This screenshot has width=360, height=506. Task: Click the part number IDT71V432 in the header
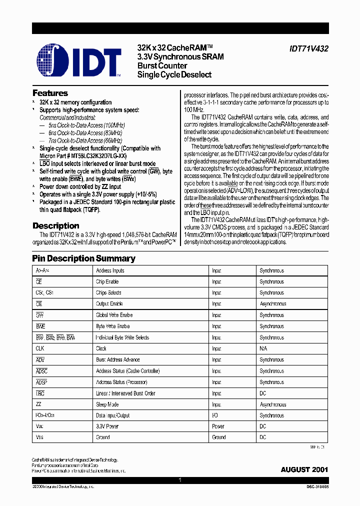(308, 49)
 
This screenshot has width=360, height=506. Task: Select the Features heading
(50, 93)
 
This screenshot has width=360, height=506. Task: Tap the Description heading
(55, 226)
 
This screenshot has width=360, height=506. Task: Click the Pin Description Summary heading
(83, 258)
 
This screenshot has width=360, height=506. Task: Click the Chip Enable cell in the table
(107, 281)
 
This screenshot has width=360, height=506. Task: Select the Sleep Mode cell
(107, 404)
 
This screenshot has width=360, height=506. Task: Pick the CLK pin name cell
(40, 348)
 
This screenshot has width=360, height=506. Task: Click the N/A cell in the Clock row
(263, 348)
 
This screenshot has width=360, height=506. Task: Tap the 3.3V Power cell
(108, 426)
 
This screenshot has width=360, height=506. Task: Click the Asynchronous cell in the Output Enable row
(272, 304)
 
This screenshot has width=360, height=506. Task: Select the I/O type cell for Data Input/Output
(215, 415)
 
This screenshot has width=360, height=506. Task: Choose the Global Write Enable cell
(114, 315)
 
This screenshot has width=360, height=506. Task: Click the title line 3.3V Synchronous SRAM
(180, 57)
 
